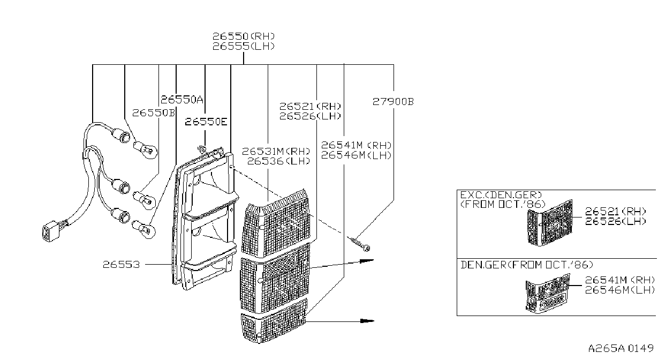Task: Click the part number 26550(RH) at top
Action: [244, 36]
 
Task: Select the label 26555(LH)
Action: [244, 46]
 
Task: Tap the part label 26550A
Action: [182, 100]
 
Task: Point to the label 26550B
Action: [154, 113]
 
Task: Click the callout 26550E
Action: [206, 122]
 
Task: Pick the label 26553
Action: [122, 265]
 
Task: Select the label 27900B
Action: [393, 102]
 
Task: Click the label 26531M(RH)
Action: [276, 152]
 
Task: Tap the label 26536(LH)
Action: [278, 161]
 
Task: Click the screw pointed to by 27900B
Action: [360, 244]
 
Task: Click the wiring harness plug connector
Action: [51, 231]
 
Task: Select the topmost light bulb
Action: [146, 150]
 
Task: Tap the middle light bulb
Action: [144, 200]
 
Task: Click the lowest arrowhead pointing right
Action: [367, 320]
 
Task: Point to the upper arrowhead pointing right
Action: [367, 261]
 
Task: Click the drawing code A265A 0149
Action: [621, 348]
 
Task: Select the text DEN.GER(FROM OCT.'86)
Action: [527, 265]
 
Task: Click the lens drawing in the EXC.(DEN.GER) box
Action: [550, 222]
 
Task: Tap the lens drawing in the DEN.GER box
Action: [548, 293]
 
